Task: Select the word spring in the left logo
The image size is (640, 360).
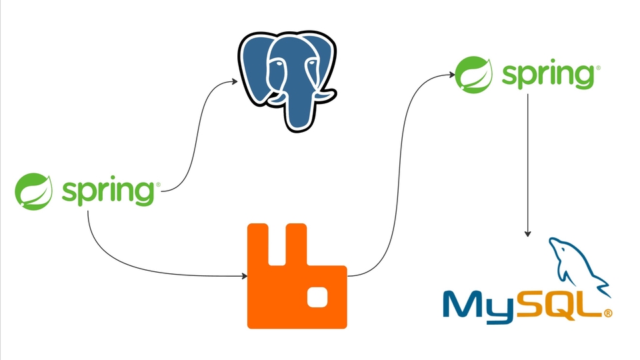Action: [x=109, y=191]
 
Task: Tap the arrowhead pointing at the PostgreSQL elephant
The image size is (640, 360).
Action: [x=235, y=81]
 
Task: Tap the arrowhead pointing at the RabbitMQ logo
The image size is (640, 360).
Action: [x=243, y=275]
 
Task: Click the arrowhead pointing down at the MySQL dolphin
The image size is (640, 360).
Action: [x=528, y=233]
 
